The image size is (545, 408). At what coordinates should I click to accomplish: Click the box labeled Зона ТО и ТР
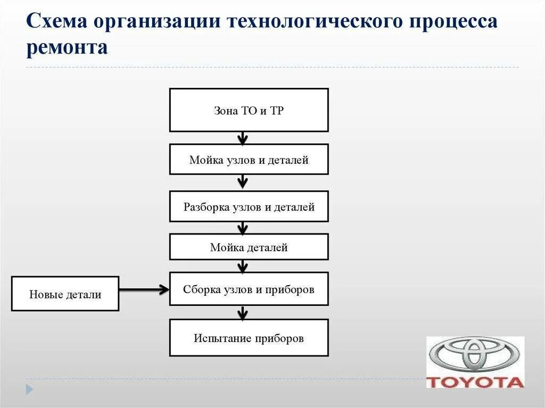(x=249, y=110)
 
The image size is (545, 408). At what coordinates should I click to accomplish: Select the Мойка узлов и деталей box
(x=249, y=160)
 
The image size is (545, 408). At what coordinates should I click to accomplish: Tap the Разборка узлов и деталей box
(x=249, y=206)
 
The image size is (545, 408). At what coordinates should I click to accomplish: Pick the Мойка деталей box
(x=249, y=247)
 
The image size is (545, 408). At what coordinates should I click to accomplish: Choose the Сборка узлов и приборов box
(x=249, y=289)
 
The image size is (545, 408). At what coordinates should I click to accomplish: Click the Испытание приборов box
(x=249, y=338)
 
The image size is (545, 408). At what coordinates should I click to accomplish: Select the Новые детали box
(x=65, y=294)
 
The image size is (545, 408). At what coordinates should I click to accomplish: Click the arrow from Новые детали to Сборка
(x=144, y=289)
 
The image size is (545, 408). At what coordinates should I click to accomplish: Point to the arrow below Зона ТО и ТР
(x=243, y=138)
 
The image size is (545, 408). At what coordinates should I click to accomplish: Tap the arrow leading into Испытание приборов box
(x=243, y=312)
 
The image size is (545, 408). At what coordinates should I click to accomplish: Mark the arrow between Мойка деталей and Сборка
(x=243, y=266)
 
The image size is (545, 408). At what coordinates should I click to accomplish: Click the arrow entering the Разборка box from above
(x=243, y=182)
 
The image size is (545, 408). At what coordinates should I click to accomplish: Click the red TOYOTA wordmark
(x=475, y=382)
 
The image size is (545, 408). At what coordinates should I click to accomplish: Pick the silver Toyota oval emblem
(x=475, y=355)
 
